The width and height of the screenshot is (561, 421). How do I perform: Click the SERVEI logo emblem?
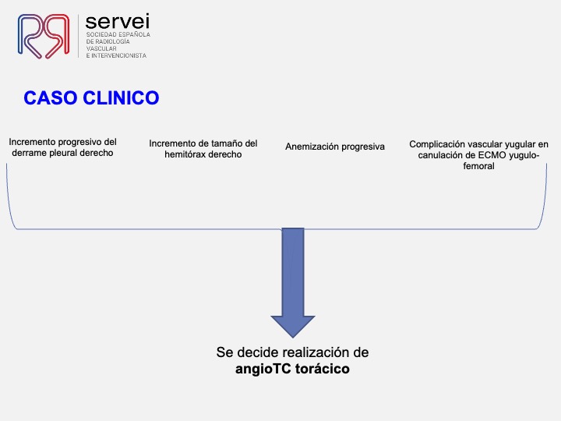pos(44,35)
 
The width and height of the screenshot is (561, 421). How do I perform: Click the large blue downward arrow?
pos(292,281)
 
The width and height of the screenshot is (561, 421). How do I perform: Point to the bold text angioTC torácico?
pos(292,369)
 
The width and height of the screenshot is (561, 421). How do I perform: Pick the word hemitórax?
pos(175,154)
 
